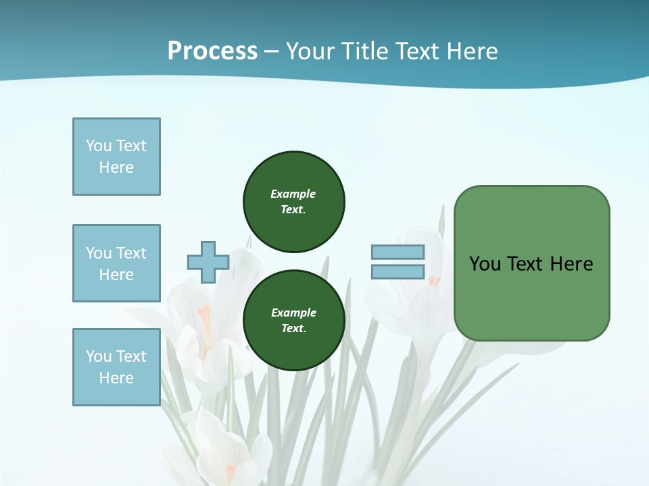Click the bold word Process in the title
point(212,51)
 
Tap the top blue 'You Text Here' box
point(116,157)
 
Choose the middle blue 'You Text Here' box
point(116,263)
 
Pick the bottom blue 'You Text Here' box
point(116,367)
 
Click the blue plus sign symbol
point(208,263)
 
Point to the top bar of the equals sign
point(398,252)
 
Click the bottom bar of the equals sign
point(398,272)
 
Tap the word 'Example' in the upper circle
point(293,194)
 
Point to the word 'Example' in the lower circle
point(293,313)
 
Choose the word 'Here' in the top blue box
point(116,167)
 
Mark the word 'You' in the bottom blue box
point(99,356)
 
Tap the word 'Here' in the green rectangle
point(571,264)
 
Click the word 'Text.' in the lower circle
point(293,329)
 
